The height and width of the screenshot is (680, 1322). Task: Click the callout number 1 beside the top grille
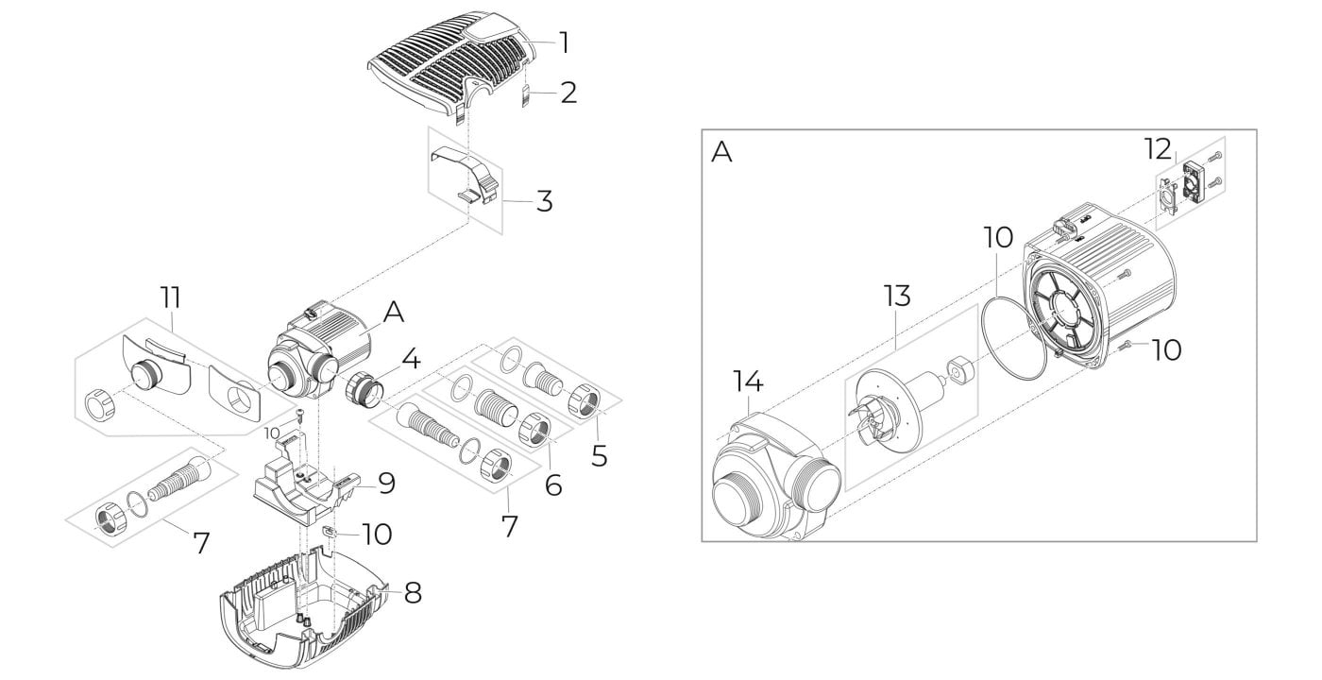click(565, 43)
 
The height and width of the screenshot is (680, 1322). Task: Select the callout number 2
click(568, 93)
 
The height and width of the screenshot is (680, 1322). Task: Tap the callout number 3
click(544, 201)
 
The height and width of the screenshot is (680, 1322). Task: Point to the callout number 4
click(412, 358)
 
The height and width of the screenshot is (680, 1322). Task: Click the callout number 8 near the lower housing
click(413, 593)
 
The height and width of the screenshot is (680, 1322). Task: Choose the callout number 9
click(386, 484)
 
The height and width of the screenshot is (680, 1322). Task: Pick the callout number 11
click(171, 297)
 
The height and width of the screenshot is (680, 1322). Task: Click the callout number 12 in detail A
click(1159, 149)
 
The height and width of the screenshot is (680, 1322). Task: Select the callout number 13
click(897, 296)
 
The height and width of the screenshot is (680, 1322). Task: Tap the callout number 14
click(748, 381)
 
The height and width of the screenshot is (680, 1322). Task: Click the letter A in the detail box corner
click(721, 152)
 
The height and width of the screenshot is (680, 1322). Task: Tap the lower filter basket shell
click(305, 614)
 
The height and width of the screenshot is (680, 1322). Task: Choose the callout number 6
click(553, 485)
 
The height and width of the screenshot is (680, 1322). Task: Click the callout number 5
click(599, 456)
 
